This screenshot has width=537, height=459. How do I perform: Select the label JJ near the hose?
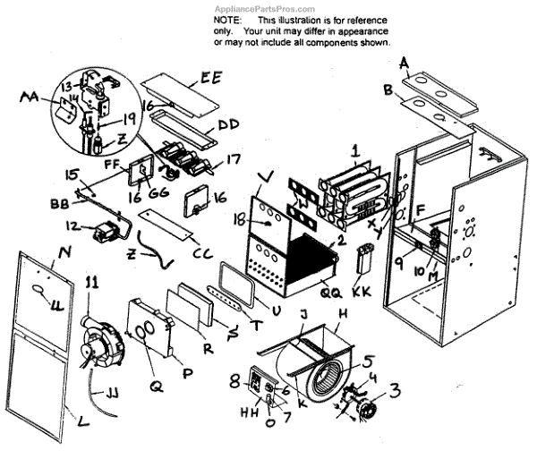point(115,393)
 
